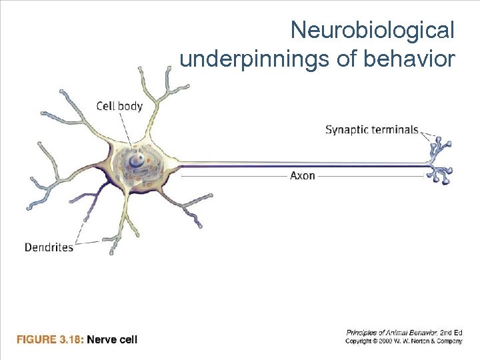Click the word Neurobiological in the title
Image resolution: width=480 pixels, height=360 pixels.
(x=373, y=30)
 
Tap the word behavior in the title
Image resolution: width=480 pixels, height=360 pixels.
(x=409, y=59)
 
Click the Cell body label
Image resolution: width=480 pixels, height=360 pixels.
(x=119, y=106)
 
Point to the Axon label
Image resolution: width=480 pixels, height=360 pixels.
(x=303, y=176)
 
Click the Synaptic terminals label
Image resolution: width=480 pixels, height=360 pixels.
(x=371, y=129)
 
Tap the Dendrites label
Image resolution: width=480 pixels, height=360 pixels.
(x=49, y=247)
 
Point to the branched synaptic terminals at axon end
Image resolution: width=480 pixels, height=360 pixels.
(x=439, y=160)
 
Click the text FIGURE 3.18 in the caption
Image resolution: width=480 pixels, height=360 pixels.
(x=50, y=340)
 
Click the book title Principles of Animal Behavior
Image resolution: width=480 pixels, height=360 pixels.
(x=391, y=331)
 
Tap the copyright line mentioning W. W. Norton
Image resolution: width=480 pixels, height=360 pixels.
(x=403, y=341)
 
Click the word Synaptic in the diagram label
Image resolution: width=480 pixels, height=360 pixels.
(x=347, y=129)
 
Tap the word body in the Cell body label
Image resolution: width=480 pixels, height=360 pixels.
(x=131, y=106)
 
